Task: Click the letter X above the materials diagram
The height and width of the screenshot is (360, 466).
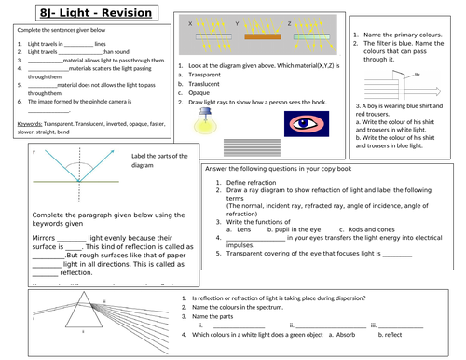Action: click(x=190, y=21)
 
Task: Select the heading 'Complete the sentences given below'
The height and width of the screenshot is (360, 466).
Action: click(x=57, y=29)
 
